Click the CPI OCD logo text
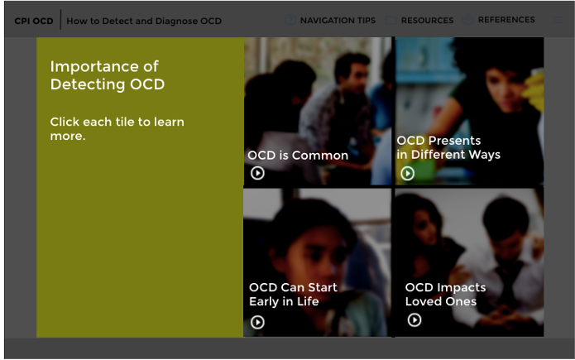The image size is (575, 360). point(34,21)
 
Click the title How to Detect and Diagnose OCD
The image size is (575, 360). point(144,21)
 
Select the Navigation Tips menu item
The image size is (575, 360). point(338,20)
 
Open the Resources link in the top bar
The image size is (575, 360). point(427,20)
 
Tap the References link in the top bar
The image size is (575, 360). point(506,20)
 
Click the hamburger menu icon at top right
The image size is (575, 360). point(557,20)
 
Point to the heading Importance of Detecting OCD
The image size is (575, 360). point(108,75)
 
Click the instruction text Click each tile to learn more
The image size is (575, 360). point(117,129)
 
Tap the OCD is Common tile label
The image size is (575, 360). point(298,156)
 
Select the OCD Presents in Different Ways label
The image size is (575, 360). point(448,147)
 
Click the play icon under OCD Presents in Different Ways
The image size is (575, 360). point(407,173)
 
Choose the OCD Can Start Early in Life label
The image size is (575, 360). point(293,295)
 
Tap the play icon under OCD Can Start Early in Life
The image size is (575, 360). point(257,322)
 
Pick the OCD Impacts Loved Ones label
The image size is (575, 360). point(445,295)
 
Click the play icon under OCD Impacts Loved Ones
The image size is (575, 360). point(414,319)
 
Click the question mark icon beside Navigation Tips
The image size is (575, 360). point(290,20)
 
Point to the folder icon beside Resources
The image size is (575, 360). point(391,20)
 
